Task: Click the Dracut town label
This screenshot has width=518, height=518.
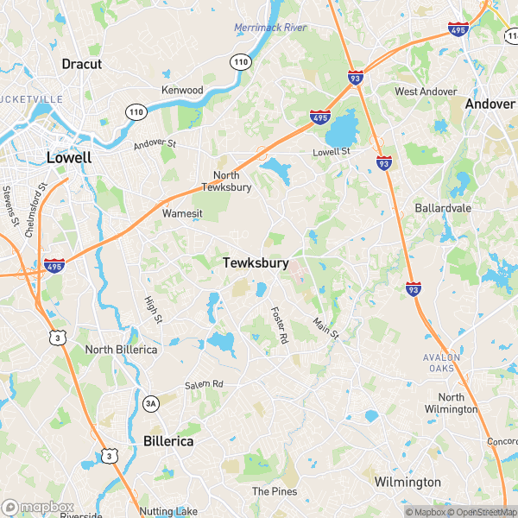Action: click(82, 64)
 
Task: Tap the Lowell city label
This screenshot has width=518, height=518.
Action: click(69, 158)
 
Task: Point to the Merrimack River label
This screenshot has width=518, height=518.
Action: click(270, 28)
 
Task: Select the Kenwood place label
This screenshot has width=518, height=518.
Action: click(182, 90)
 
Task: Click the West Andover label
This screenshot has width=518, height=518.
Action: click(424, 92)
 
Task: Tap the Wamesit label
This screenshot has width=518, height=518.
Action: click(182, 212)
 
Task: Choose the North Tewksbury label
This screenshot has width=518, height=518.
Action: click(226, 180)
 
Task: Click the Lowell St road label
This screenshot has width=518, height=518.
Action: click(332, 152)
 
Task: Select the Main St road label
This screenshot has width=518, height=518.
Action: click(325, 328)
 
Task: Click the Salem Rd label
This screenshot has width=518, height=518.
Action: click(204, 384)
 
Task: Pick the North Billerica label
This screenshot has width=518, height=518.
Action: click(121, 349)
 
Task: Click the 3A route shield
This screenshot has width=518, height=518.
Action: click(151, 403)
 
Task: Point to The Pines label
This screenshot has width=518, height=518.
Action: click(275, 491)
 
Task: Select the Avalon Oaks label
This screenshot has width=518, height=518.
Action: click(442, 363)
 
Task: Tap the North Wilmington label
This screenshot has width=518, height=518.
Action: click(451, 403)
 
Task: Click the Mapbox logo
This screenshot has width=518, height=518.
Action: click(38, 508)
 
